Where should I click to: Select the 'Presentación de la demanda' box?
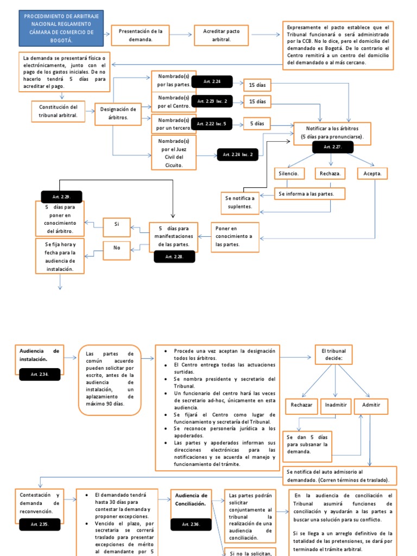(x=140, y=35)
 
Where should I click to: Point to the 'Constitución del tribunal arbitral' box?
(x=59, y=111)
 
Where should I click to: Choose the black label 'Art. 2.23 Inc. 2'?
(x=212, y=102)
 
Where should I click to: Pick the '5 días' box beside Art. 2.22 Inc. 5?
(x=257, y=124)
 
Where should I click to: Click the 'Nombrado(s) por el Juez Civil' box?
(x=173, y=153)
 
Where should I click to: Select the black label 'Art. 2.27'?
(x=332, y=147)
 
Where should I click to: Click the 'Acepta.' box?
(x=372, y=174)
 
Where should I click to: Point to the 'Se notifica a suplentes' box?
(x=239, y=202)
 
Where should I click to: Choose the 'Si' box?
(x=116, y=224)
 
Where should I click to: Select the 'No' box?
(x=116, y=248)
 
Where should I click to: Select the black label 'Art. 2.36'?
(x=191, y=524)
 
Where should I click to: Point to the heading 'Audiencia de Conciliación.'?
(x=191, y=500)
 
